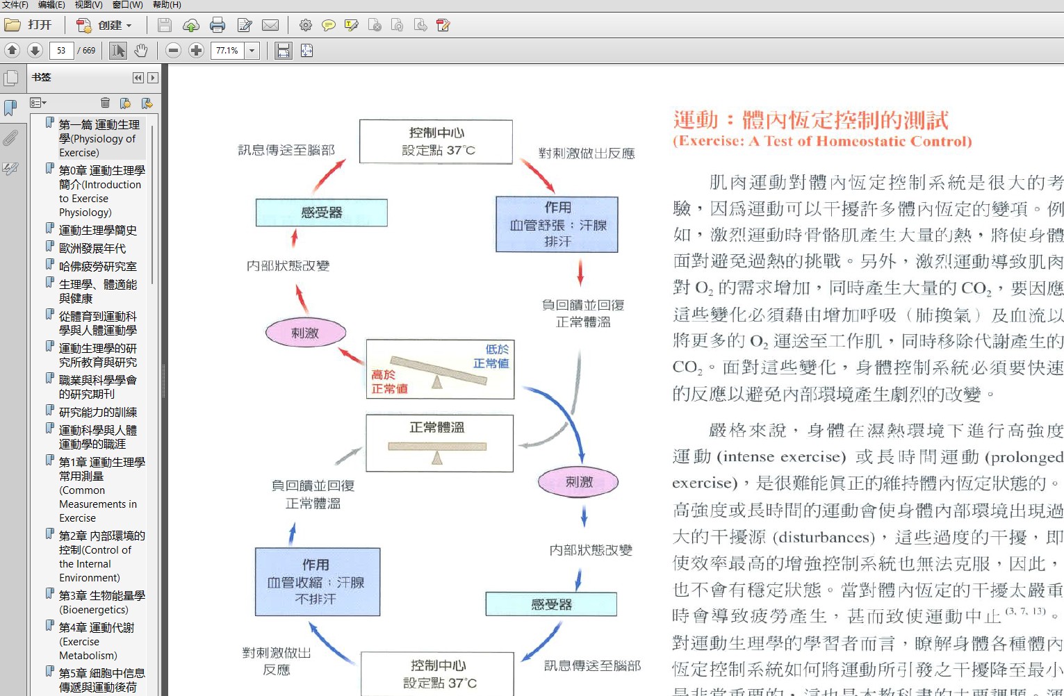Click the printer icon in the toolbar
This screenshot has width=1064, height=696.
[x=218, y=26]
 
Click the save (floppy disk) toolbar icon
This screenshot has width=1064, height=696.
[x=165, y=26]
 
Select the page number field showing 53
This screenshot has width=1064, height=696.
[x=61, y=51]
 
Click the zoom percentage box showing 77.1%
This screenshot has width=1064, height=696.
[x=227, y=51]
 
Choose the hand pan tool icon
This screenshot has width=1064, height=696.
[x=141, y=51]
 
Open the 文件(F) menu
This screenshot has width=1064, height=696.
[x=15, y=5]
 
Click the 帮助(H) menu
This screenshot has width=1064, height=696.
[x=167, y=5]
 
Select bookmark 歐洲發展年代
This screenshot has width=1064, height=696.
[x=92, y=248]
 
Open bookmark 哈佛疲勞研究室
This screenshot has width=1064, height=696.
[x=97, y=266]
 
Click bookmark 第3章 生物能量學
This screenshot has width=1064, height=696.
[x=101, y=595]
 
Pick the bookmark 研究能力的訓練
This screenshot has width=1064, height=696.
[x=97, y=412]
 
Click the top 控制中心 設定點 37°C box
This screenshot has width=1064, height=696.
[x=436, y=141]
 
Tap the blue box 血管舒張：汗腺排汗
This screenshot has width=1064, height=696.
[x=557, y=224]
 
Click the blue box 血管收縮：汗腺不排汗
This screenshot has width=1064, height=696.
[x=317, y=581]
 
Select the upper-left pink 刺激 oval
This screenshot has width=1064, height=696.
[x=305, y=333]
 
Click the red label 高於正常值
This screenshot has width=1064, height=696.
[x=388, y=382]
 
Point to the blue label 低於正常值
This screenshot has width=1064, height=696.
[x=491, y=356]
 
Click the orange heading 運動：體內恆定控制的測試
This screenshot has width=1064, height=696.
[x=810, y=120]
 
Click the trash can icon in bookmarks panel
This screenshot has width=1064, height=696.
[x=105, y=103]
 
